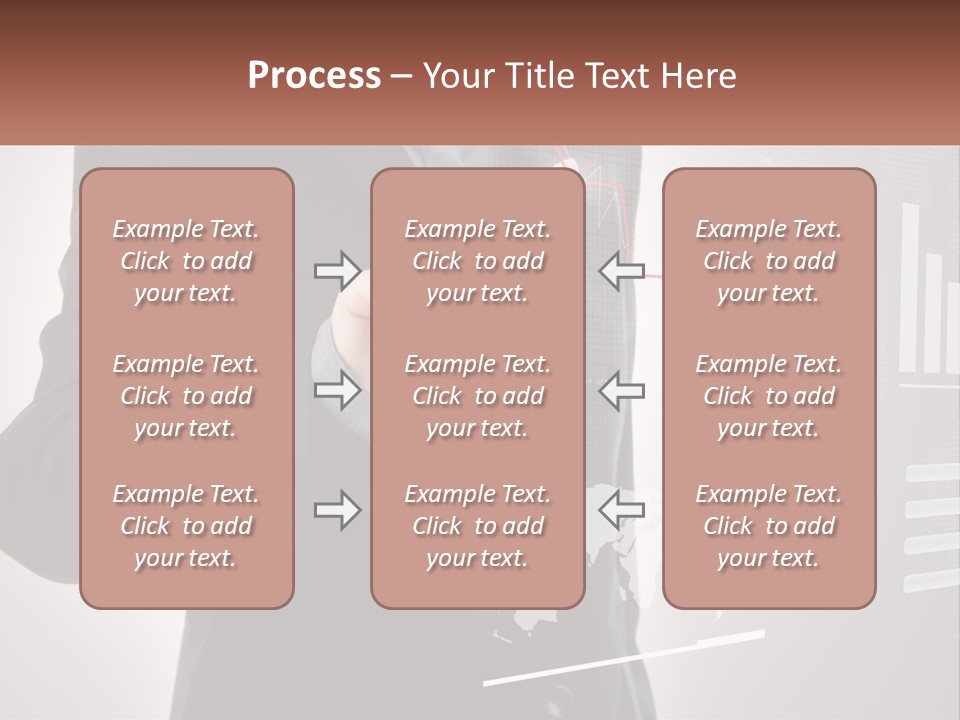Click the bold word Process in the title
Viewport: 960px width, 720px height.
coord(314,76)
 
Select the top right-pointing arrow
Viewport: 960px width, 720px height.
coord(338,271)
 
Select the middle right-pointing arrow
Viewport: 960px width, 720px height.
coord(338,391)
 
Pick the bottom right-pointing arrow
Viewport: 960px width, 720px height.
coord(338,511)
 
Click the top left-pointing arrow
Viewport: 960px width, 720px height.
coord(621,271)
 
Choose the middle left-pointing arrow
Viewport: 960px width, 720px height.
coord(621,391)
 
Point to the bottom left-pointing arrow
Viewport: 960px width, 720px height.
coord(621,511)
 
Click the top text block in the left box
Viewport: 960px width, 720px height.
coord(186,261)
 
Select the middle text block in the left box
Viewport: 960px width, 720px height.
coord(186,396)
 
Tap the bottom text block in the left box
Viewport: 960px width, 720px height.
coord(186,526)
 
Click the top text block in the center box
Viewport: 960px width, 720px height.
coord(477,261)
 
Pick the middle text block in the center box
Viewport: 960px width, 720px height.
coord(477,396)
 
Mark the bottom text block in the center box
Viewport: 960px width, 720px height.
coord(477,526)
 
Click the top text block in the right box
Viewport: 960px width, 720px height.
coord(769,261)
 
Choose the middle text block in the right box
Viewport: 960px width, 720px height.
coord(769,396)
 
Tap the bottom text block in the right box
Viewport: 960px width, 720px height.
coord(769,526)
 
